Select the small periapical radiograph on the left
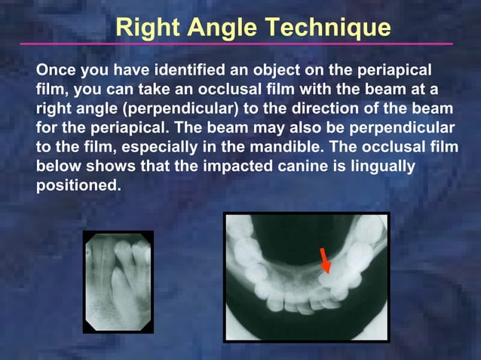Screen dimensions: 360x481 [118, 282]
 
